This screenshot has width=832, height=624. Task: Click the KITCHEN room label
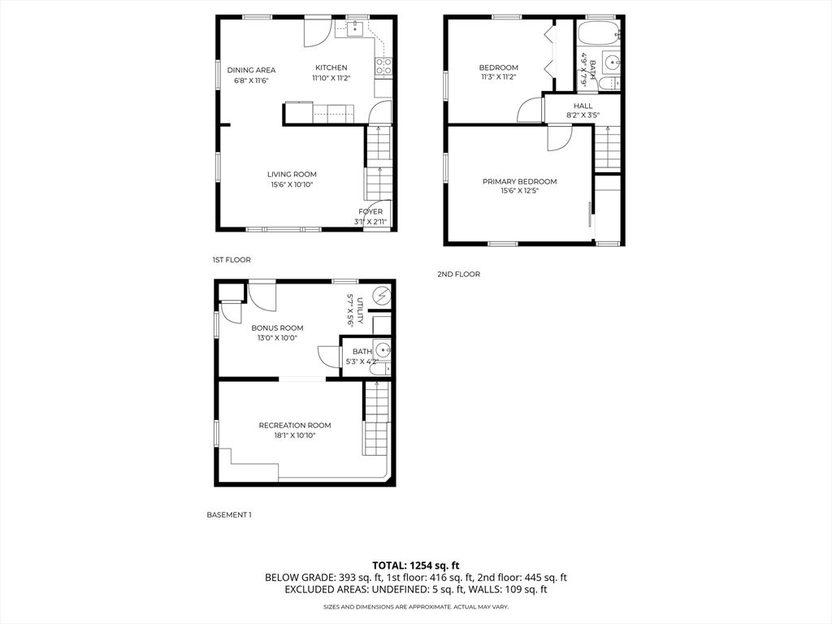331,67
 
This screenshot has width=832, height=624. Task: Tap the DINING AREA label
251,70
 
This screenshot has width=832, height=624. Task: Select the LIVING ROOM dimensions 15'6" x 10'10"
292,184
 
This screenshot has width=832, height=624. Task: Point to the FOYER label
370,211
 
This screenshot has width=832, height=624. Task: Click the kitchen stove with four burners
383,67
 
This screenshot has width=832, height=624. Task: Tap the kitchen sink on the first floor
354,30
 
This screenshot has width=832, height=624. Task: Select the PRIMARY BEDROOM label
519,181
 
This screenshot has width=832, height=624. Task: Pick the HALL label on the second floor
583,106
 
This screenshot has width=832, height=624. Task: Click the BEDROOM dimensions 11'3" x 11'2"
498,77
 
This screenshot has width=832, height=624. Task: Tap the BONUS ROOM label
277,327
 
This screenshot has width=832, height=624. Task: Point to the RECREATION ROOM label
294,425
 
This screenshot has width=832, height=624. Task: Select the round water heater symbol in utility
380,295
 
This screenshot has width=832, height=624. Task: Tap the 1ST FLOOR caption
232,260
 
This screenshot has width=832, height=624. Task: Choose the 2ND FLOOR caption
458,275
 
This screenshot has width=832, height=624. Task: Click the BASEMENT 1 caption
228,514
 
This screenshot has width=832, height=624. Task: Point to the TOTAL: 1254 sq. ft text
416,565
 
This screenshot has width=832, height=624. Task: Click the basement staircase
375,418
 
